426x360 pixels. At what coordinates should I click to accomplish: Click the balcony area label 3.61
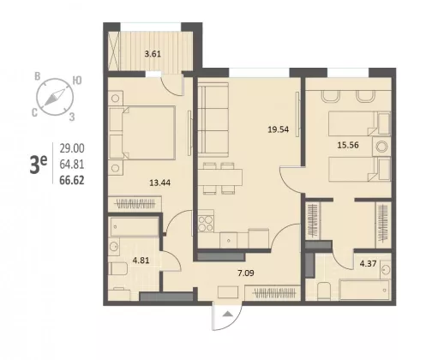[x=153, y=54]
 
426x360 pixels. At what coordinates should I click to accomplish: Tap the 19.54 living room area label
[x=278, y=129]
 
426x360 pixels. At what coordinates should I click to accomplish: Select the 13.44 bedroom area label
[x=160, y=183]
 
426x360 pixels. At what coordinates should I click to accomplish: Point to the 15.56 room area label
[x=348, y=145]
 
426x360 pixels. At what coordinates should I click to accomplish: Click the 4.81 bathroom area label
[x=141, y=261]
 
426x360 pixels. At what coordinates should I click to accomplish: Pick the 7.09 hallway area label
[x=246, y=273]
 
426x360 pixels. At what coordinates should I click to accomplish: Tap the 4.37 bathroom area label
[x=368, y=263]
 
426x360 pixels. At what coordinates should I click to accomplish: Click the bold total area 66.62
[x=72, y=180]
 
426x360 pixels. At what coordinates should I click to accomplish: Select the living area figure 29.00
[x=72, y=148]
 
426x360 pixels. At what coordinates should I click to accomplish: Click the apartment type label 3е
[x=38, y=165]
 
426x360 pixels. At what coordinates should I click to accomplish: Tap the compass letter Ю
[x=77, y=81]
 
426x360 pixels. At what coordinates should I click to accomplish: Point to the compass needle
[x=55, y=97]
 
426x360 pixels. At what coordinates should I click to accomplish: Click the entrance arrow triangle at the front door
[x=228, y=314]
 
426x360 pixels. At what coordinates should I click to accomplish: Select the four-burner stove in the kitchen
[x=206, y=224]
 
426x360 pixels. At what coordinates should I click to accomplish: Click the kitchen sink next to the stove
[x=228, y=241]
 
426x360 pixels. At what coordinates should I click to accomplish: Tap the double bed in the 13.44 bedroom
[x=142, y=133]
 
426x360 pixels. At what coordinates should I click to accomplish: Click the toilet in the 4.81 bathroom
[x=118, y=269]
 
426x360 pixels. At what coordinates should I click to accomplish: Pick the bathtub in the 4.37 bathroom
[x=364, y=290]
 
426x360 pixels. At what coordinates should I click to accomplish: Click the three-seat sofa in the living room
[x=213, y=119]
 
